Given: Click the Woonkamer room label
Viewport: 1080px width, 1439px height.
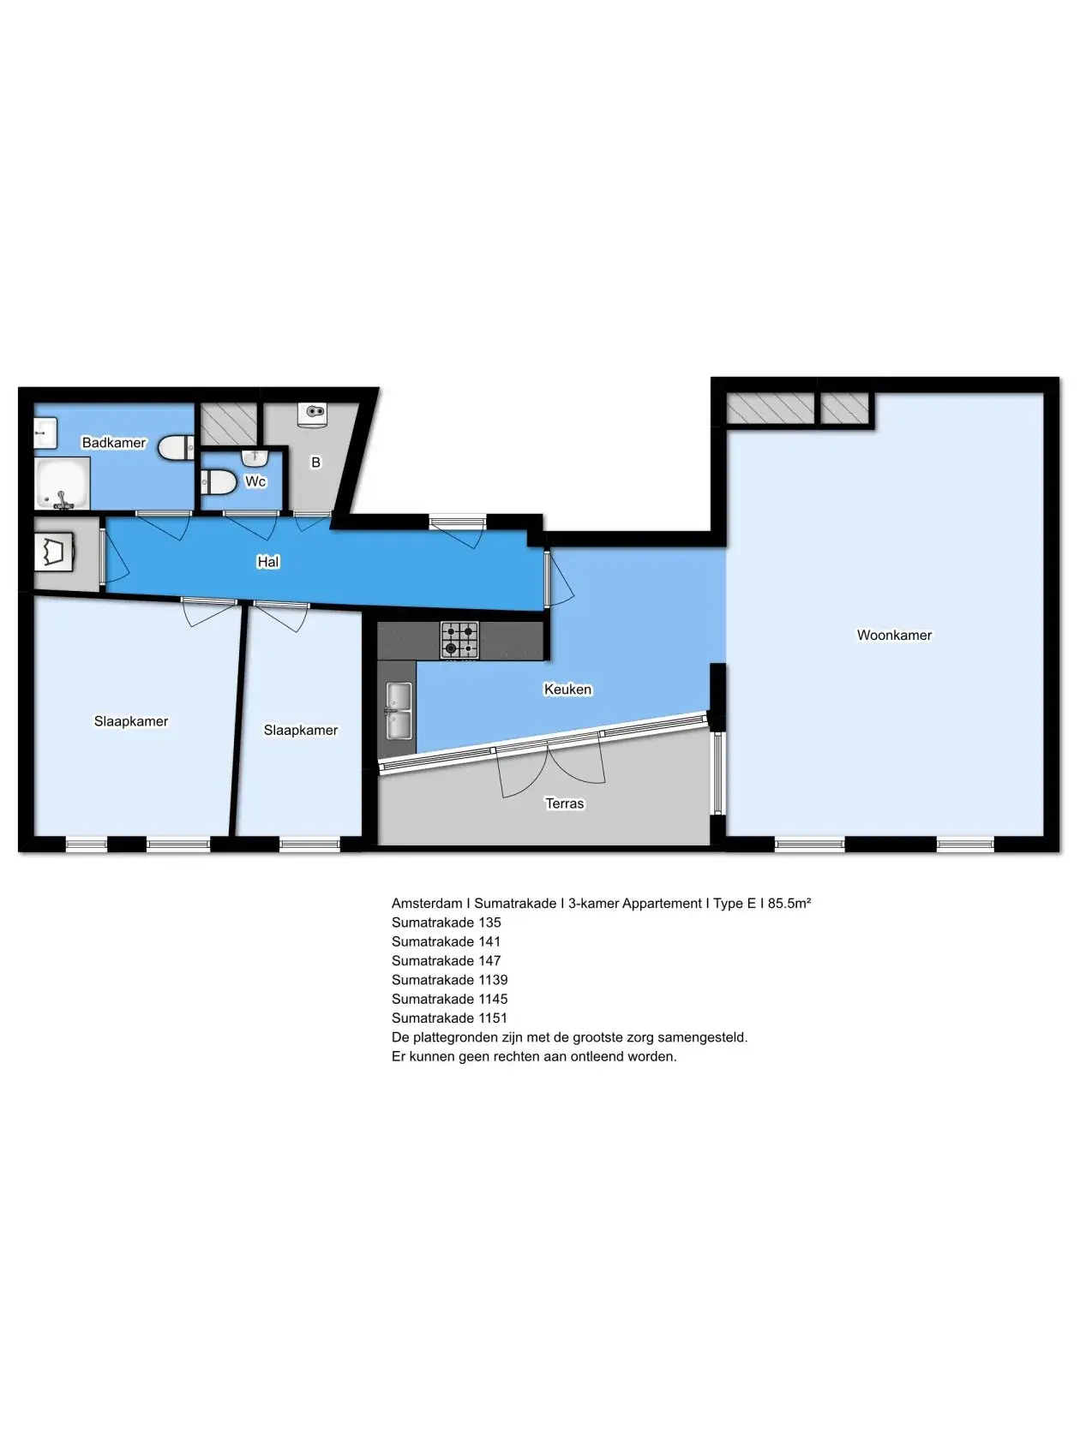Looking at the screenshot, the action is (894, 635).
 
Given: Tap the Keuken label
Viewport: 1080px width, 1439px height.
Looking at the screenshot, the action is (568, 689).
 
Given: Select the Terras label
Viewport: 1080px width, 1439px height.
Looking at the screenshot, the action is (565, 803).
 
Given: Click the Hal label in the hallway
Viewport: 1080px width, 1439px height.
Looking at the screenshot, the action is (268, 561).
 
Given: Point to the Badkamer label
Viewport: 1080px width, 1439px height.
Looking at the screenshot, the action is (113, 443).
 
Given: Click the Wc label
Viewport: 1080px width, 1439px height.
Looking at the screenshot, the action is (255, 481).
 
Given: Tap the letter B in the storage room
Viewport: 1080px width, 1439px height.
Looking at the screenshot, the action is (315, 463).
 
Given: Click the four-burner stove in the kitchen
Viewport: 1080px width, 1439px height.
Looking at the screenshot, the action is (459, 640).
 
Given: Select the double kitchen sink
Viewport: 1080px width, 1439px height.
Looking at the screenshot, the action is (399, 711).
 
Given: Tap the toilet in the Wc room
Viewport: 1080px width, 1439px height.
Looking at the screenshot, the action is (219, 482).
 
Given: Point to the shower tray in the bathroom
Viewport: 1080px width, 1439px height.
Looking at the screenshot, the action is (62, 483).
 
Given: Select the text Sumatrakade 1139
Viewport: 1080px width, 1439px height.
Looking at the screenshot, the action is (449, 979).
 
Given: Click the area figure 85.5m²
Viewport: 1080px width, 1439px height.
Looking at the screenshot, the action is (789, 903).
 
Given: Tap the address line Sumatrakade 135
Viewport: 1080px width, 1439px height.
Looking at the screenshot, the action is (446, 922).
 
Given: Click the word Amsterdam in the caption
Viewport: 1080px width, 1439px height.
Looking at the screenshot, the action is (427, 903).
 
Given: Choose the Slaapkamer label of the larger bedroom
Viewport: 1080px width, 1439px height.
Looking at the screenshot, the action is (131, 721).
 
